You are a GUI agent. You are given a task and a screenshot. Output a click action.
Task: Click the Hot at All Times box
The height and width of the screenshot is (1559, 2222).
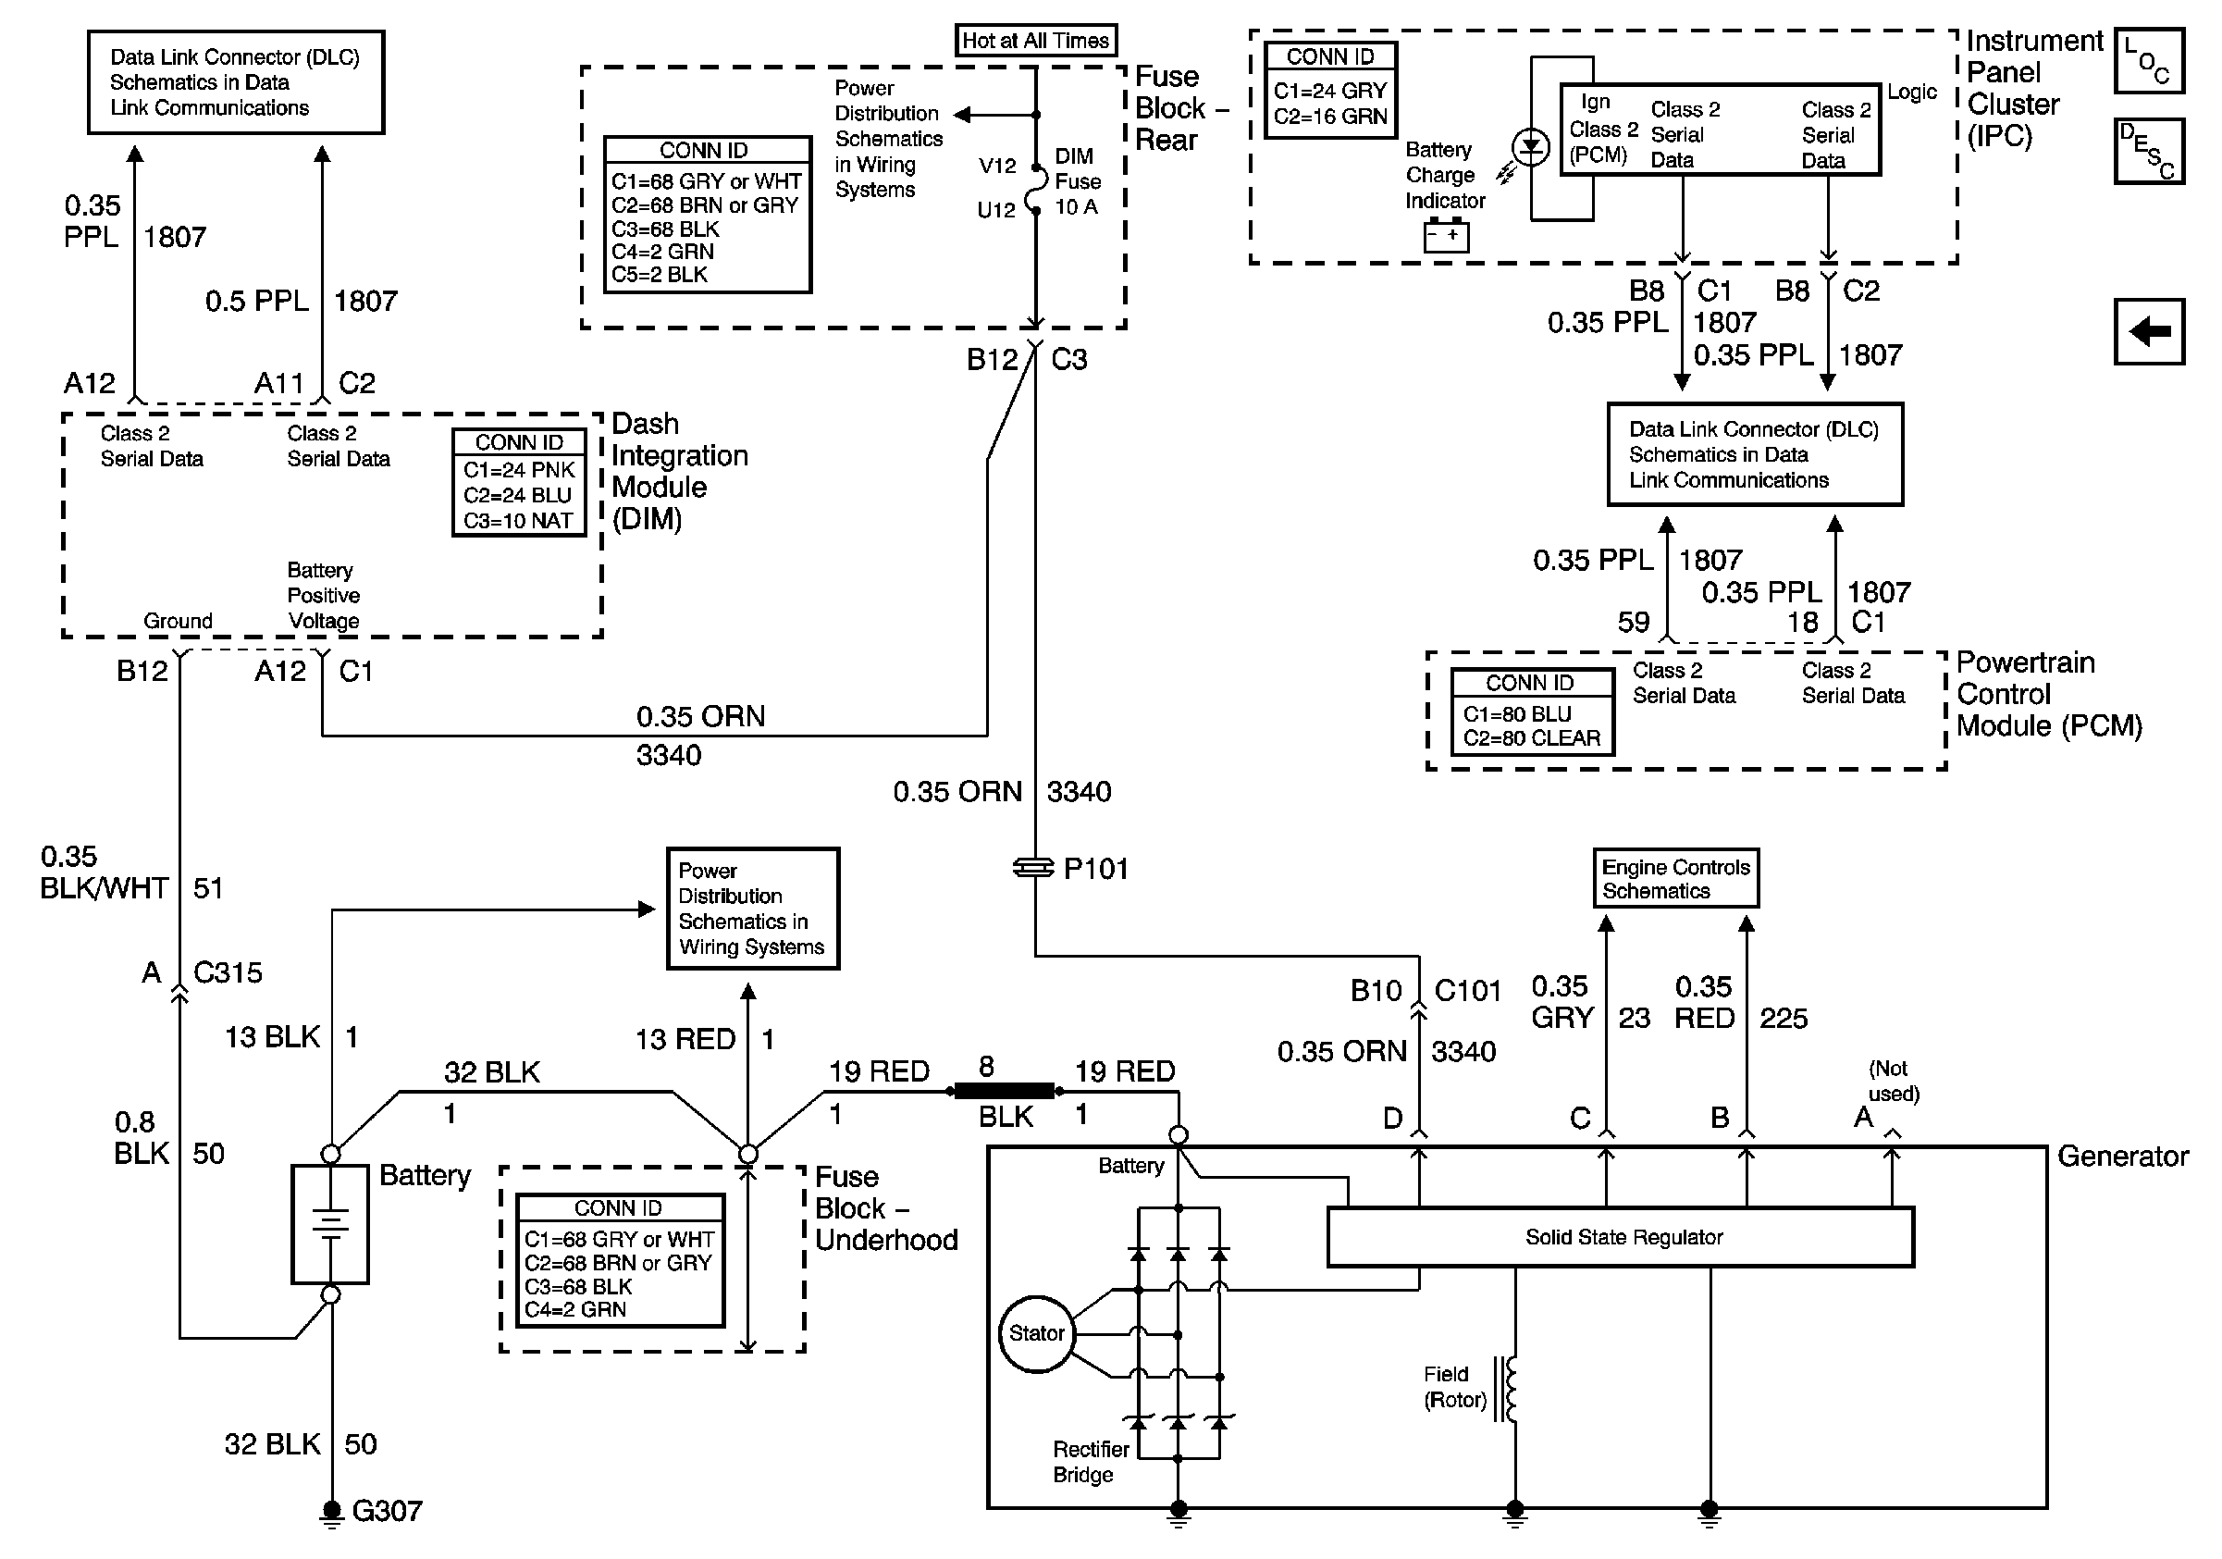[x=1034, y=41]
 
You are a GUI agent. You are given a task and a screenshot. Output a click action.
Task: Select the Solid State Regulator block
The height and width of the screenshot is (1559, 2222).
[x=1621, y=1237]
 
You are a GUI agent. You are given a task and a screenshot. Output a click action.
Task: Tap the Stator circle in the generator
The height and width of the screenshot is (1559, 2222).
[x=1036, y=1333]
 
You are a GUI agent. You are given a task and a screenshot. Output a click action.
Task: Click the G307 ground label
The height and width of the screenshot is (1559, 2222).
[x=386, y=1511]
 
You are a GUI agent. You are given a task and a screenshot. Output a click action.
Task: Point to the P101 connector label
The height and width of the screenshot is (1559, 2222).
[x=1095, y=868]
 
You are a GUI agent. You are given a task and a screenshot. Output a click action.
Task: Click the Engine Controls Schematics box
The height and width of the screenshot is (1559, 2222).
[x=1675, y=879]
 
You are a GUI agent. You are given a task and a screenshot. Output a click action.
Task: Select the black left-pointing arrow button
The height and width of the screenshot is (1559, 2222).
[x=2148, y=332]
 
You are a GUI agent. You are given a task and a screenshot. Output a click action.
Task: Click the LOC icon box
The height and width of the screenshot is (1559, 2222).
[x=2148, y=61]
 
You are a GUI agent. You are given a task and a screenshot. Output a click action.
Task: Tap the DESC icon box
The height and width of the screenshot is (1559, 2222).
[x=2148, y=151]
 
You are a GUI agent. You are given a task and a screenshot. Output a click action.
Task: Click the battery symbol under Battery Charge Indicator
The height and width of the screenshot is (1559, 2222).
[x=1446, y=236]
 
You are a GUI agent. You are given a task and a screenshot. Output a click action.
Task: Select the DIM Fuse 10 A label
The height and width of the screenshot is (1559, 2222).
[x=1077, y=181]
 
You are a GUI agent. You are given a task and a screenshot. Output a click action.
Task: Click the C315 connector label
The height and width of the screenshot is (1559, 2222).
[x=228, y=972]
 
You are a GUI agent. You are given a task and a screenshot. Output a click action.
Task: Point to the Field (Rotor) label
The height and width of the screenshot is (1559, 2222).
[x=1454, y=1387]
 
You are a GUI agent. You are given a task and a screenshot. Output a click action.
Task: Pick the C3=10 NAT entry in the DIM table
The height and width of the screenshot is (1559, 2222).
[x=518, y=521]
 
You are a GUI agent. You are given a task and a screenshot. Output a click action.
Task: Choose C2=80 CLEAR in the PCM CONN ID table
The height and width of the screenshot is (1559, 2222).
[x=1531, y=737]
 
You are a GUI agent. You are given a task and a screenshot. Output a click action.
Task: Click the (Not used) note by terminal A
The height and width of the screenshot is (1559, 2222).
[x=1892, y=1081]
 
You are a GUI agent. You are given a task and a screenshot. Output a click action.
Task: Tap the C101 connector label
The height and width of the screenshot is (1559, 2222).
[x=1467, y=991]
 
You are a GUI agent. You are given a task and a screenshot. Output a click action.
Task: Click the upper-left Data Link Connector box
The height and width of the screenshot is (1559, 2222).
[x=235, y=82]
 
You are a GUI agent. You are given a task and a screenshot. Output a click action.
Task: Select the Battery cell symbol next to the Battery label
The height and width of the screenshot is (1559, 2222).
[x=330, y=1224]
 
